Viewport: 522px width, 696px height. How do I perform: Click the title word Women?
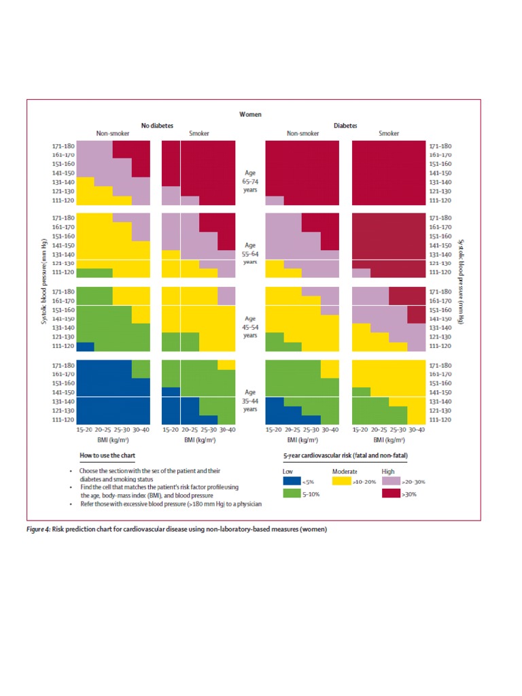(250, 115)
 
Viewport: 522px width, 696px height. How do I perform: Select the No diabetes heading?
(157, 126)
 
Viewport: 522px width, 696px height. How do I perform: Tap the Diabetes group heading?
(345, 126)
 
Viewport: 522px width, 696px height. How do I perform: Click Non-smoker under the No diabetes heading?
(113, 134)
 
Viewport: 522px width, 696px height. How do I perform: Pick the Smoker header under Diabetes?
(389, 134)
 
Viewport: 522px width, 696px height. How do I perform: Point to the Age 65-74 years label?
(250, 181)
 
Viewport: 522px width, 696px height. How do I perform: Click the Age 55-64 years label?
(250, 253)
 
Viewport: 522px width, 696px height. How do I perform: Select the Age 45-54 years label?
(250, 326)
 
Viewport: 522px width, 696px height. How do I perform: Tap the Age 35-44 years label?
(250, 400)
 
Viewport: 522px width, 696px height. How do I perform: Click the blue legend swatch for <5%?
(292, 482)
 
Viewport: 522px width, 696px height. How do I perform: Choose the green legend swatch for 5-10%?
(292, 494)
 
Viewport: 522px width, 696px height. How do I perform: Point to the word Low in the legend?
(288, 471)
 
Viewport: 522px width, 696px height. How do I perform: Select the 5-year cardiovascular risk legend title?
(345, 455)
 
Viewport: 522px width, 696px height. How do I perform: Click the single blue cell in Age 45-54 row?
(85, 346)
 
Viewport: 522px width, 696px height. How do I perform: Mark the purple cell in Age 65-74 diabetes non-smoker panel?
(275, 201)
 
